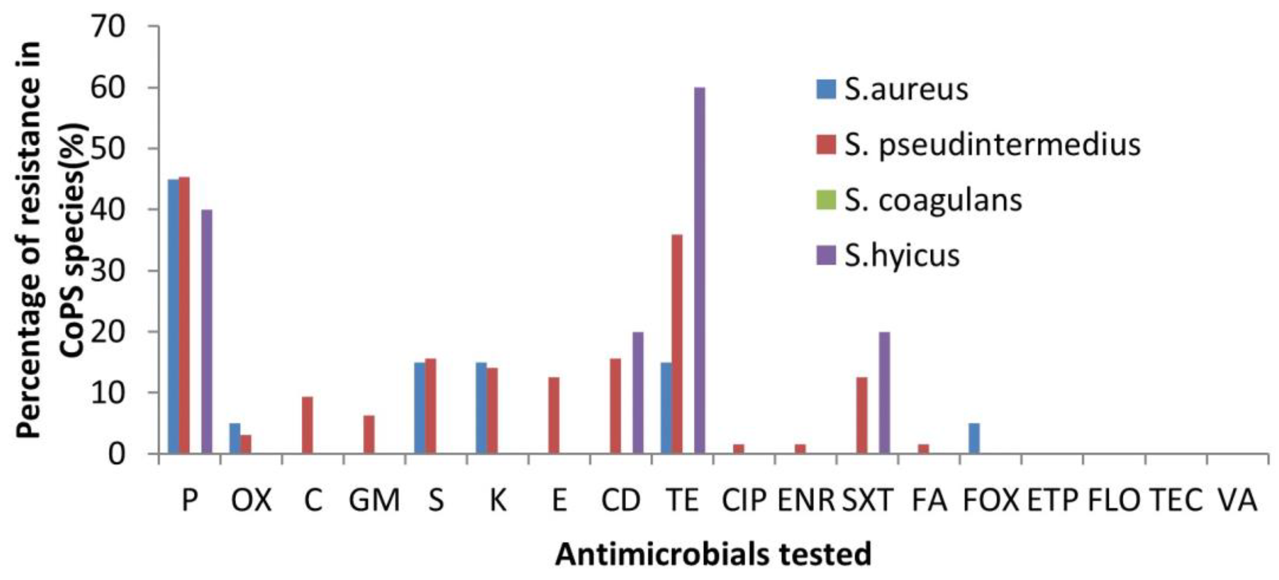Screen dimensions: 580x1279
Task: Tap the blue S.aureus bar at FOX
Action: click(974, 438)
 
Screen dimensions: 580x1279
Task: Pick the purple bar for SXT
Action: click(884, 392)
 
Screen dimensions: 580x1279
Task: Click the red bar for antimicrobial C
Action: click(307, 425)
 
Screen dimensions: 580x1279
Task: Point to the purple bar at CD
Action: click(638, 392)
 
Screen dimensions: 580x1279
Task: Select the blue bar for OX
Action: click(234, 438)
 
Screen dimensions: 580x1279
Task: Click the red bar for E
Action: click(554, 415)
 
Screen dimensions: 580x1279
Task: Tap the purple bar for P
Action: click(207, 331)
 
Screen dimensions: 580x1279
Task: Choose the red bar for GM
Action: click(369, 434)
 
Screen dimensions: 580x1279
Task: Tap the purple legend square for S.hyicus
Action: click(826, 256)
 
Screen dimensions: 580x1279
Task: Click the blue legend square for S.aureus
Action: click(826, 89)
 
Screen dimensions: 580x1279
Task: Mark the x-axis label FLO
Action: click(1114, 500)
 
